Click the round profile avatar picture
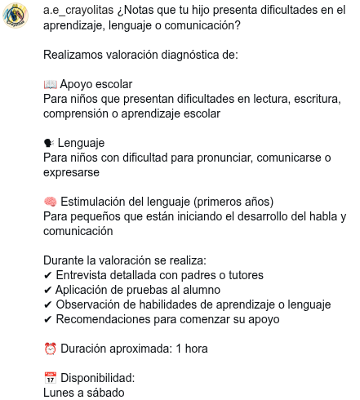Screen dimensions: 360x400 coord(16,16)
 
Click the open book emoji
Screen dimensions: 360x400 coord(50,84)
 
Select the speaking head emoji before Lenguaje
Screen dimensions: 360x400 coord(49,143)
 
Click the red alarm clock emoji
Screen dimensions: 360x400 coord(50,349)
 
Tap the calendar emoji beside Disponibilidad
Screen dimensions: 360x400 coord(50,378)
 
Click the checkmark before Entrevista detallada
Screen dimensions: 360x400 coord(47,275)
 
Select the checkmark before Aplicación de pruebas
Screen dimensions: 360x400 coord(47,290)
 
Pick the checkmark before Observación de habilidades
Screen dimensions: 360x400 coord(47,304)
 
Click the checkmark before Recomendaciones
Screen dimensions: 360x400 coord(47,319)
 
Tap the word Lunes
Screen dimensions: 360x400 coord(60,393)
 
